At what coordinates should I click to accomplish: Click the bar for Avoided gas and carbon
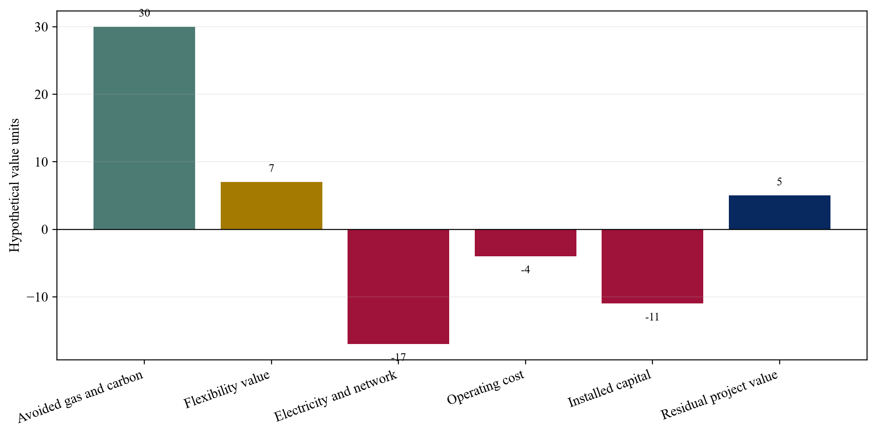(144, 128)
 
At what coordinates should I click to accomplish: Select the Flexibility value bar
(272, 206)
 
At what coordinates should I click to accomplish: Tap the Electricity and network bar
(398, 287)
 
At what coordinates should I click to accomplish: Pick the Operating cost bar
(526, 243)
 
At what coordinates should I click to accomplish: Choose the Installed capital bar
(652, 266)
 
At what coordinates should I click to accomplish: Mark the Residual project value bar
(780, 212)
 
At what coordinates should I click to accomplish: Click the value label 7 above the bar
(272, 168)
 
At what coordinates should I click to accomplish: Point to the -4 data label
(526, 270)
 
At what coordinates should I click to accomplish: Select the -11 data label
(652, 317)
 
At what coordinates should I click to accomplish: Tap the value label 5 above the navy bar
(780, 182)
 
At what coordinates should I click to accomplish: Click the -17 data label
(398, 357)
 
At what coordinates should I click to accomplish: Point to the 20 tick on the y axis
(41, 94)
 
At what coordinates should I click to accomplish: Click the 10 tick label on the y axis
(41, 162)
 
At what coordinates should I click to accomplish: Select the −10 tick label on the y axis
(37, 297)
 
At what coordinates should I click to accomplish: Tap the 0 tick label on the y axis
(45, 229)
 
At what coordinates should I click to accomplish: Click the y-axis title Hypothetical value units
(14, 185)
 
